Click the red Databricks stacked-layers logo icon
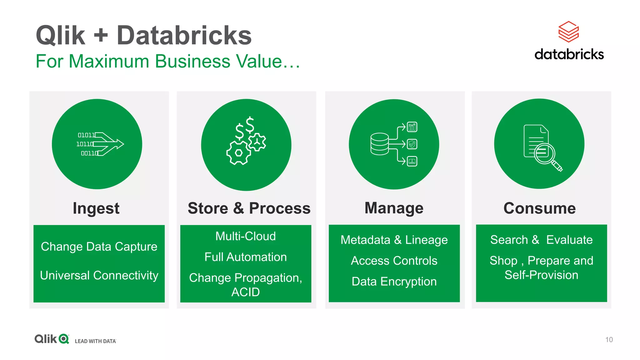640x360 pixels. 568,32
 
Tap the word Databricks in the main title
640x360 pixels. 184,35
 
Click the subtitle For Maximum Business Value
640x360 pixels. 167,61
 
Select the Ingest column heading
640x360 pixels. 96,208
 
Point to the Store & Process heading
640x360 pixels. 249,208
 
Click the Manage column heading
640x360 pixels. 394,208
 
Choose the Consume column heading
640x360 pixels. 539,208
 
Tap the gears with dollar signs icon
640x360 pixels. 246,142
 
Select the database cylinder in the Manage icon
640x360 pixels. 379,144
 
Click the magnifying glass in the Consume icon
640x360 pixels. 545,154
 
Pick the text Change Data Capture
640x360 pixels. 99,247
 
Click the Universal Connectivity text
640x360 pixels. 99,275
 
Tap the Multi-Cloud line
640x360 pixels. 246,236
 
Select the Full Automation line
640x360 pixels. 246,257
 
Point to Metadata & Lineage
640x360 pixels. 394,240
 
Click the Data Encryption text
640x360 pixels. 394,282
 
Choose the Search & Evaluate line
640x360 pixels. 541,240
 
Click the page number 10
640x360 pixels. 609,340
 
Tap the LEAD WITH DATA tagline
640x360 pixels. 95,341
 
